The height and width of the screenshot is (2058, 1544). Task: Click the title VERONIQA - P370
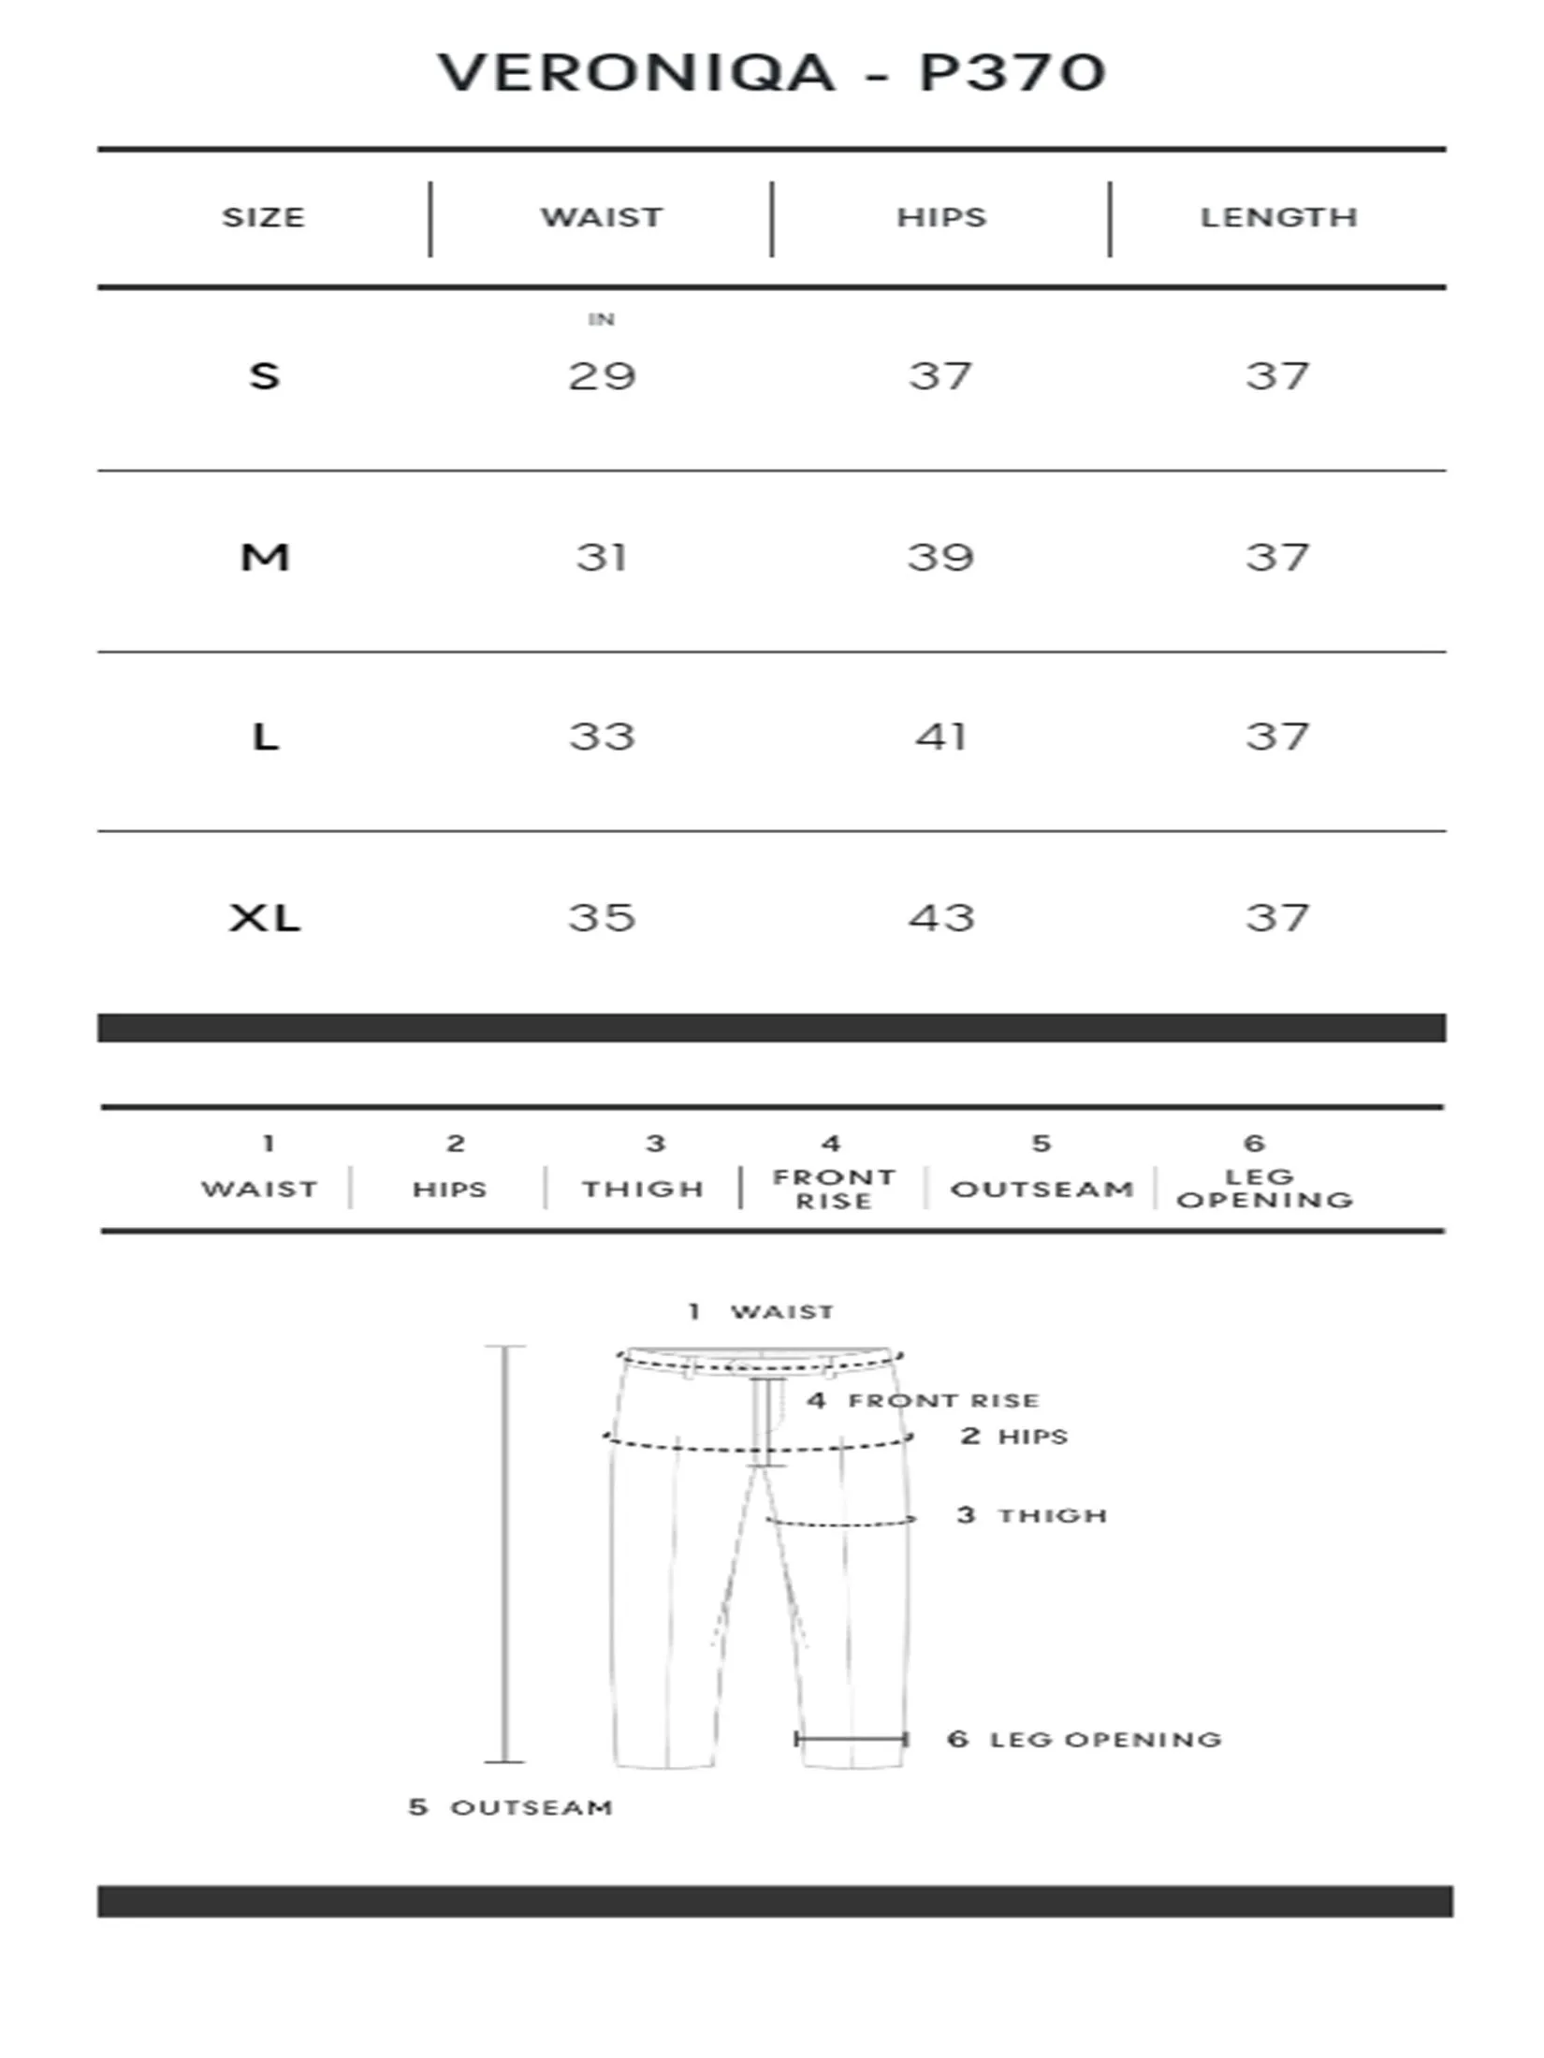[772, 73]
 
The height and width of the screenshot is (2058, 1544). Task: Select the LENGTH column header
[1278, 217]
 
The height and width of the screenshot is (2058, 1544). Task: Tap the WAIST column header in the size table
[602, 217]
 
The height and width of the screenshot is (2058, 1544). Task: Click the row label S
[264, 376]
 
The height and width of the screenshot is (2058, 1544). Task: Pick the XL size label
[265, 918]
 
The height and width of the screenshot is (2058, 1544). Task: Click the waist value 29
[602, 376]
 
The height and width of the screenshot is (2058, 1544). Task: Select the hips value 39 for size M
[940, 558]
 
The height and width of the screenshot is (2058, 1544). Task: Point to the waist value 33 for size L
[602, 737]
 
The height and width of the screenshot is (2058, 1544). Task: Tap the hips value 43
[941, 918]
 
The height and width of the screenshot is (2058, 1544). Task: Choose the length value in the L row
[1277, 737]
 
